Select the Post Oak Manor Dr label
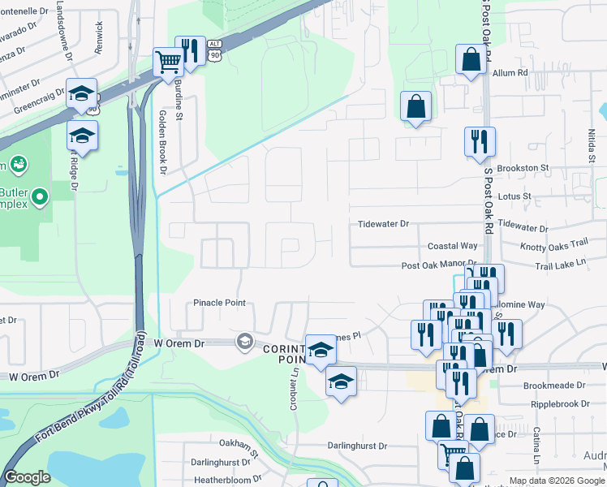point(438,265)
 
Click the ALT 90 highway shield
point(214,50)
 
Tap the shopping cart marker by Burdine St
point(169,62)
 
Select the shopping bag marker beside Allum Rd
point(471,59)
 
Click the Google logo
point(27,478)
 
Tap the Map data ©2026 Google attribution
point(557,481)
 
